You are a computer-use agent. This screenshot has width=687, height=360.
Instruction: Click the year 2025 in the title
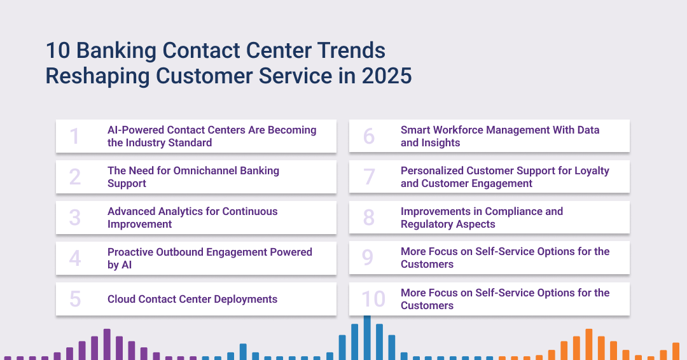point(387,76)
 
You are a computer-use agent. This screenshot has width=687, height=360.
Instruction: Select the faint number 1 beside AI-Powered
point(74,135)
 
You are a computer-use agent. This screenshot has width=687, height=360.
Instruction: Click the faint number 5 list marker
point(75,299)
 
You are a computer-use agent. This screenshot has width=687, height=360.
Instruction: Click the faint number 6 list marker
point(369,135)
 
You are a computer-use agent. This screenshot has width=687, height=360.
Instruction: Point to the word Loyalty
point(592,171)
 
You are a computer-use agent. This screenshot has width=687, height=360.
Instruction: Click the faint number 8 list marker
point(369,218)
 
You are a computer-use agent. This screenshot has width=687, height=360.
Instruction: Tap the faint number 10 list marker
point(373,299)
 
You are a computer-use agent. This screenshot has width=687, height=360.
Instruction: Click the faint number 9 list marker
point(368,258)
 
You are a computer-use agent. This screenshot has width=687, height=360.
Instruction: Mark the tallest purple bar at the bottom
point(107,344)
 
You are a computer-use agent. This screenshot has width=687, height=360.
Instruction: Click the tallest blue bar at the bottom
point(367,338)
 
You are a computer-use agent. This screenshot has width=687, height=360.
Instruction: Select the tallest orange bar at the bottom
point(589,344)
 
